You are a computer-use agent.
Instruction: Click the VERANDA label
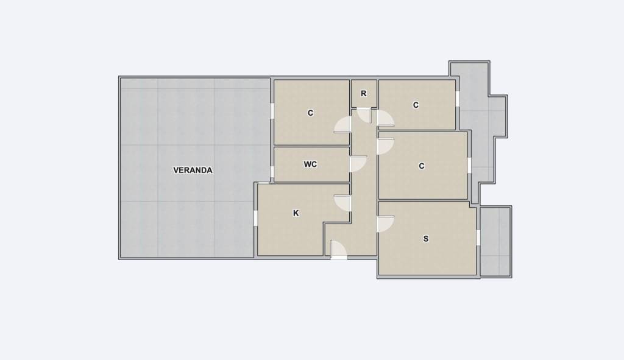[x=193, y=171]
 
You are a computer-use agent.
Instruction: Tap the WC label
[x=310, y=164]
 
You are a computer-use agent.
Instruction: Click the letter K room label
[x=296, y=213]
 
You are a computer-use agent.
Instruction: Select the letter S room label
[x=426, y=239]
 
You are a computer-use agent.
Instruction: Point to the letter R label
[x=363, y=93]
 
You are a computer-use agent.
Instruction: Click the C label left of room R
[x=310, y=113]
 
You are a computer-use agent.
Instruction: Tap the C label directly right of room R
[x=416, y=105]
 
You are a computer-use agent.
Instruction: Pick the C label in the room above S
[x=422, y=166]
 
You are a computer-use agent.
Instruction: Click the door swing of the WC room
[x=358, y=164]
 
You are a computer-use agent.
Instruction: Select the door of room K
[x=342, y=203]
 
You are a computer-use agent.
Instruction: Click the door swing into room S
[x=385, y=224]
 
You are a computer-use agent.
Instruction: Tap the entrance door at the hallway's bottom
[x=338, y=250]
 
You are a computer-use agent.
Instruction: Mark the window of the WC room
[x=272, y=172]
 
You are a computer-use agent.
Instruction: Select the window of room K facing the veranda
[x=255, y=218]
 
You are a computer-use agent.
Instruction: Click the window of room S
[x=478, y=238]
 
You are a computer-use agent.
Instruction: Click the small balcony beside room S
[x=495, y=241]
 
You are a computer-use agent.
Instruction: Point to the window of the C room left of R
[x=272, y=111]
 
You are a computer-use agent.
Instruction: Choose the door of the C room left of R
[x=342, y=125]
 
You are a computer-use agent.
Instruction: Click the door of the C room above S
[x=385, y=146]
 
